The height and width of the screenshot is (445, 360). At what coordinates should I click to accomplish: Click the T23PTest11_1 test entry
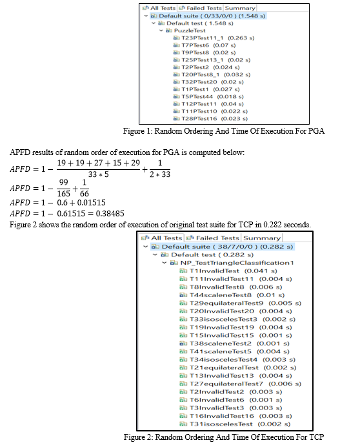point(214,38)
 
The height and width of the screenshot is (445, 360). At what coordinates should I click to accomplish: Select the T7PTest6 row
point(205,45)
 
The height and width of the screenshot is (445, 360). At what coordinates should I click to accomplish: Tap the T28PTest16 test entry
point(210,119)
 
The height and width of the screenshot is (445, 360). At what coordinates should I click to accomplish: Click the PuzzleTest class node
point(186,30)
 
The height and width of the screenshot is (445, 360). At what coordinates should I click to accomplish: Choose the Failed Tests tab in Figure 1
point(201,8)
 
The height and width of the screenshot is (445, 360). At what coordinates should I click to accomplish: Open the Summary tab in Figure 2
point(262,238)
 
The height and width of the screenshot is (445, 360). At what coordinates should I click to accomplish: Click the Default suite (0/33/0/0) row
point(208,16)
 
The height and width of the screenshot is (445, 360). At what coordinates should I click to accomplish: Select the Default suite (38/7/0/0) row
point(223,247)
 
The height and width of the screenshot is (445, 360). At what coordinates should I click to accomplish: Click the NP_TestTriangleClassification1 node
point(232,263)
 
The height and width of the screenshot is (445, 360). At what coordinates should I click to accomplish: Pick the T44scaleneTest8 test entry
point(232,295)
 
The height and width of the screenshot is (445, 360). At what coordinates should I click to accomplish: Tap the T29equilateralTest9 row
point(241,303)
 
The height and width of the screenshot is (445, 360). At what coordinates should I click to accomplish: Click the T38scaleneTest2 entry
point(234,344)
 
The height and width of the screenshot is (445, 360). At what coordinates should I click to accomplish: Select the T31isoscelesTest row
point(235,424)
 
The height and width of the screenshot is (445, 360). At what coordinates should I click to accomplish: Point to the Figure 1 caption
point(224,131)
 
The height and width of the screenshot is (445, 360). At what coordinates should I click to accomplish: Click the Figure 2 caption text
point(224,437)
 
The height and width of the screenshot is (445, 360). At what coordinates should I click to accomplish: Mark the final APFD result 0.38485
point(110,213)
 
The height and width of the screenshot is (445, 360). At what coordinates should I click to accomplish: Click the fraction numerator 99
point(63,182)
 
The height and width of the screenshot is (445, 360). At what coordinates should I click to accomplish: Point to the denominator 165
point(63,194)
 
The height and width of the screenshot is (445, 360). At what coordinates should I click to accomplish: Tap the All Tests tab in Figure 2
point(162,238)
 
